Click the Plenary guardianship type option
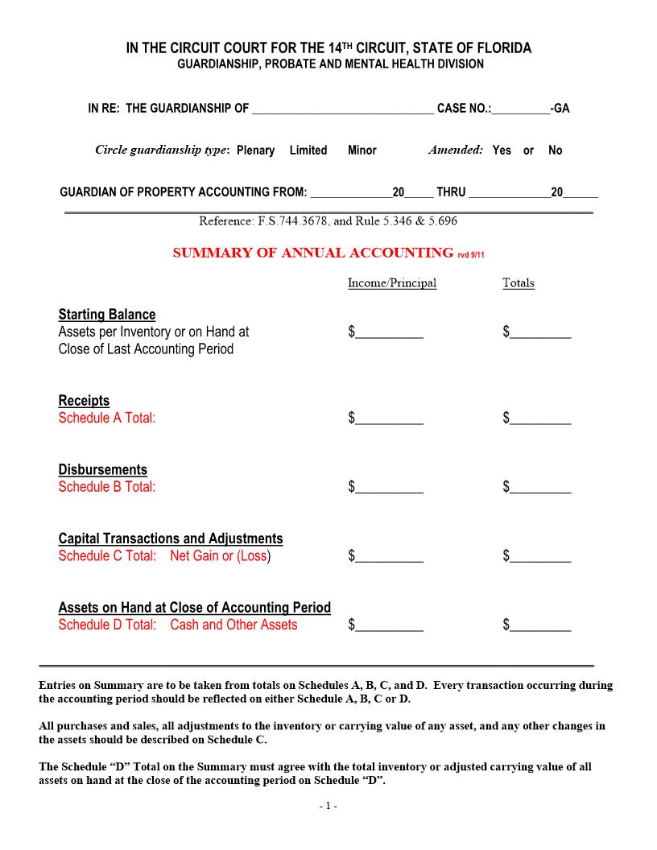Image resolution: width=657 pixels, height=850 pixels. point(255,151)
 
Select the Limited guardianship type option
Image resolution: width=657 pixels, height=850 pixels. point(308,151)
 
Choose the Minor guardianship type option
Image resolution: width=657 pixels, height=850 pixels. point(362,151)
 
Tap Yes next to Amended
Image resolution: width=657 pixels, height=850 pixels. point(502,151)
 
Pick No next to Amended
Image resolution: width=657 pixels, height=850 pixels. point(556,151)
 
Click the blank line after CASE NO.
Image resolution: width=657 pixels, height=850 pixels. point(520,109)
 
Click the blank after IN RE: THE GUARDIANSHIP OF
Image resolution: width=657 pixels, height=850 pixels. point(342,109)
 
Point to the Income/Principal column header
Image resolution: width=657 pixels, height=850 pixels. point(392,283)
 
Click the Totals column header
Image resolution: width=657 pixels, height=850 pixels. point(519,283)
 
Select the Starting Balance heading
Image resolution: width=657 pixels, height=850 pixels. point(107,315)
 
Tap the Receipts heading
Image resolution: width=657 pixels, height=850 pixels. point(84,401)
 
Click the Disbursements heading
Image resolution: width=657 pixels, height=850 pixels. point(103,470)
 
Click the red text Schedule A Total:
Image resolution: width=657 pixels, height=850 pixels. point(107,418)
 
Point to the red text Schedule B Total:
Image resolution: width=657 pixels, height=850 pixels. point(107,487)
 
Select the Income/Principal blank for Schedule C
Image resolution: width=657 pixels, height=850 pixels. point(389,556)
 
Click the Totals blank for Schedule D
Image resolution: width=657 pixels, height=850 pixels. point(540,625)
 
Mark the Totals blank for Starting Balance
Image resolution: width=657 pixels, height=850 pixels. point(540,332)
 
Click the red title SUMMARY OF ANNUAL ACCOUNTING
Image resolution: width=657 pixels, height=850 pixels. point(313,253)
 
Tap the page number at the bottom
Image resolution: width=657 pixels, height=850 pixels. point(328,806)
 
